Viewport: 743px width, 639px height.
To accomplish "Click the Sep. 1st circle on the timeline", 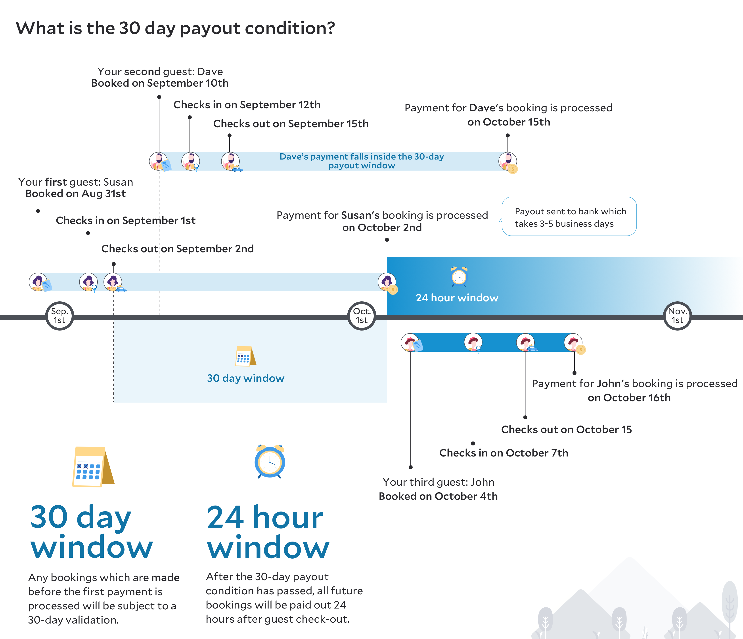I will tap(59, 316).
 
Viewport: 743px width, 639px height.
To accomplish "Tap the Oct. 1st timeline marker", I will tap(362, 316).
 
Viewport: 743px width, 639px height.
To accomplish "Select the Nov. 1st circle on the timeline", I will tap(677, 316).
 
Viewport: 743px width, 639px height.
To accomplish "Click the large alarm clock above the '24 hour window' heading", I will tap(270, 462).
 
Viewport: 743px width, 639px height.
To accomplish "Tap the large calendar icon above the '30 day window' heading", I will tap(92, 467).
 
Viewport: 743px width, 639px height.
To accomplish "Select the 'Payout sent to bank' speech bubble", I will tap(569, 217).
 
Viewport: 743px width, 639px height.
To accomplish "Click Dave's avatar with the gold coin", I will tap(508, 162).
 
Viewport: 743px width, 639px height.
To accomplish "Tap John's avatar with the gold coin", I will tap(573, 343).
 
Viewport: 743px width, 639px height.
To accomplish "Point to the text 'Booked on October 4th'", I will tap(438, 496).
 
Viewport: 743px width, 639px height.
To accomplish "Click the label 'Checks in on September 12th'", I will tap(247, 105).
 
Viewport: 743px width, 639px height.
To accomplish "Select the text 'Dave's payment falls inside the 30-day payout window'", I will tap(362, 161).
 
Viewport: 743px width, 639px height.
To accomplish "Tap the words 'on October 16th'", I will tap(629, 397).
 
